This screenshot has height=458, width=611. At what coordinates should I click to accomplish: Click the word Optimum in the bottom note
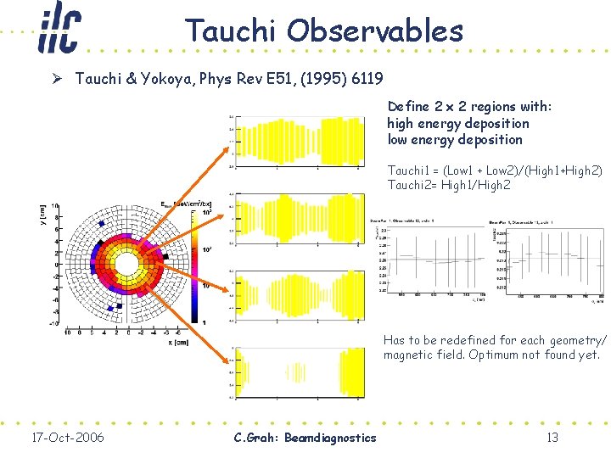pos(508,355)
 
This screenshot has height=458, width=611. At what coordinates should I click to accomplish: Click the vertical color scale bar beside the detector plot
pos(195,264)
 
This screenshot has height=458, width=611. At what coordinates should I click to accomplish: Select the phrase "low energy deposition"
pos(455,139)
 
